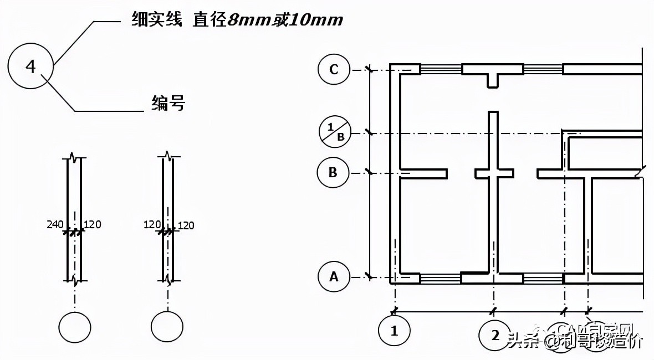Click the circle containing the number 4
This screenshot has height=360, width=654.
(30, 67)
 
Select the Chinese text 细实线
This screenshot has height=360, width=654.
(157, 20)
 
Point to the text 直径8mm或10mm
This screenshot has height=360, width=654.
(268, 20)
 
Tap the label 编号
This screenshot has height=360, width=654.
(168, 103)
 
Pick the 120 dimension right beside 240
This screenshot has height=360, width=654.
(92, 224)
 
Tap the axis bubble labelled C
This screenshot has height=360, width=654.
(334, 70)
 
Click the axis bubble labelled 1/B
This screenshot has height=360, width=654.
(335, 133)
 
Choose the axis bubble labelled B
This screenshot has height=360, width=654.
(333, 172)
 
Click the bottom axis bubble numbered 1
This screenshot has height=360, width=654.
(394, 332)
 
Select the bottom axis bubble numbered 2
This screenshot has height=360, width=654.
(495, 334)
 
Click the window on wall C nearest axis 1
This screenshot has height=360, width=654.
(441, 69)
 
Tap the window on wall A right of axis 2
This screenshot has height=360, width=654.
(543, 279)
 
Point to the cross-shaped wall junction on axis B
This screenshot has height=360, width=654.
(492, 173)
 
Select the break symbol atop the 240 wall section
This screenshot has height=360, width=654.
(75, 159)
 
